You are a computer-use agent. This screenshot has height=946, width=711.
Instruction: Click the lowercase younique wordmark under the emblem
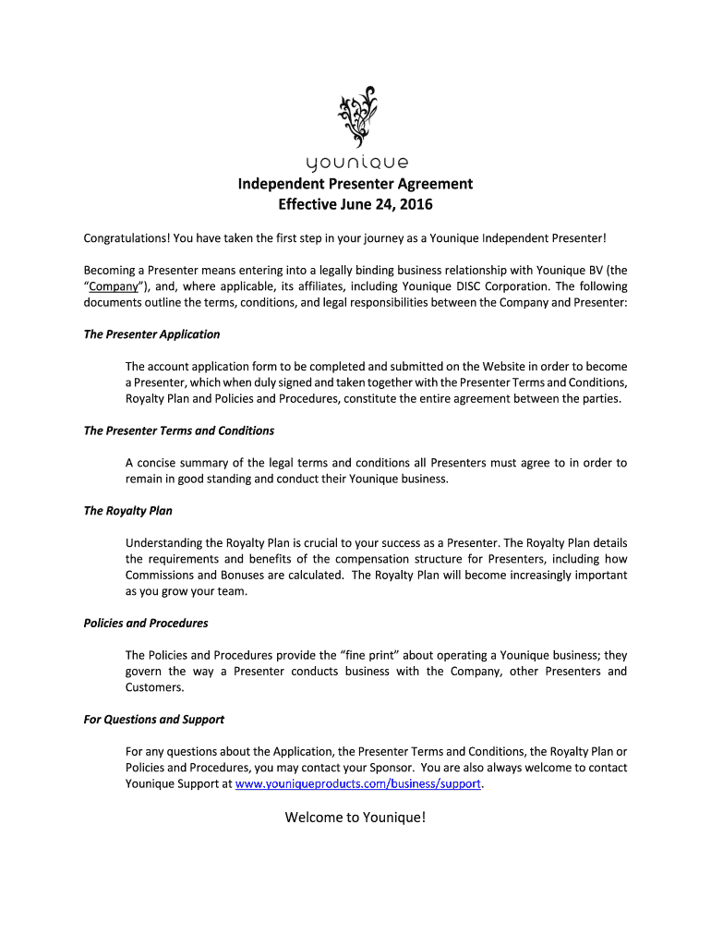tap(355, 164)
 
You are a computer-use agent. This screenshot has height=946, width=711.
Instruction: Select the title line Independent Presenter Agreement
tap(355, 184)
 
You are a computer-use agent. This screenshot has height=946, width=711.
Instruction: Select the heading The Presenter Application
tap(151, 334)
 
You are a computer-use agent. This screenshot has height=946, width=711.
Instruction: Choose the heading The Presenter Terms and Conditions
tap(179, 431)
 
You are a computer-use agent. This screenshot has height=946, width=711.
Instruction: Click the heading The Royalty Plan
tap(127, 511)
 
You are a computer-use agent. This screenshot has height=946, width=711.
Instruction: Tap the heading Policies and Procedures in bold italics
tap(146, 623)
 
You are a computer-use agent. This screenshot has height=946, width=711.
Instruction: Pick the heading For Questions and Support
tap(154, 719)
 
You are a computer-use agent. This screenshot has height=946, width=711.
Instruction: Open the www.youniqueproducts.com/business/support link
tap(358, 784)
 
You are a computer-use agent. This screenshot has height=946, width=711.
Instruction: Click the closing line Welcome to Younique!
tap(355, 817)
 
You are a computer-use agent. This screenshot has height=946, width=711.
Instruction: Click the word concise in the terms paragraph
tap(158, 463)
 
